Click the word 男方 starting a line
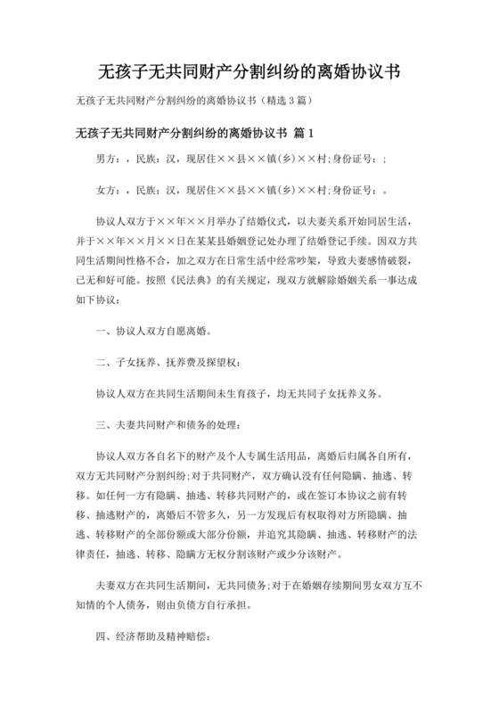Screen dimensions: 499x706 (106, 160)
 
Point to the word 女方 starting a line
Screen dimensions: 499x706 (106, 189)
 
